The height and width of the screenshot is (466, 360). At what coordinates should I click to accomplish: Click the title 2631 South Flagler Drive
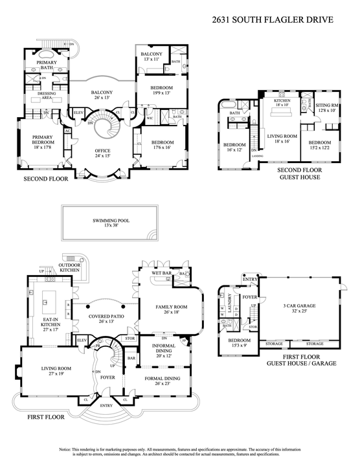[x=273, y=19]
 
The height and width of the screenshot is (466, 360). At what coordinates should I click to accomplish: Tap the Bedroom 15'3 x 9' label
[x=239, y=342]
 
